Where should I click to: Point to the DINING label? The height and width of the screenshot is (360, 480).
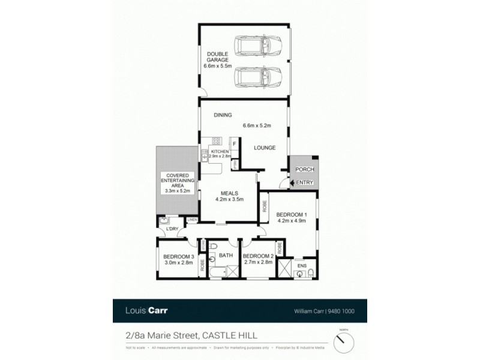[223, 115]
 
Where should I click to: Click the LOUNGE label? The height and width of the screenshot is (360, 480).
[265, 147]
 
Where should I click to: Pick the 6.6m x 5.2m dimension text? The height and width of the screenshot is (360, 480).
[257, 126]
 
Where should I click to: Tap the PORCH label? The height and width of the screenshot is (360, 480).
[305, 169]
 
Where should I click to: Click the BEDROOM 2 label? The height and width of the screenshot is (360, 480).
[258, 257]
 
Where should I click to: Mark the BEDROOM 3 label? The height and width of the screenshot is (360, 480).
[178, 258]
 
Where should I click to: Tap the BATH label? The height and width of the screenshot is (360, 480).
[226, 256]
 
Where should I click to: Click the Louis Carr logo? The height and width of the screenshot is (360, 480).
[146, 311]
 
